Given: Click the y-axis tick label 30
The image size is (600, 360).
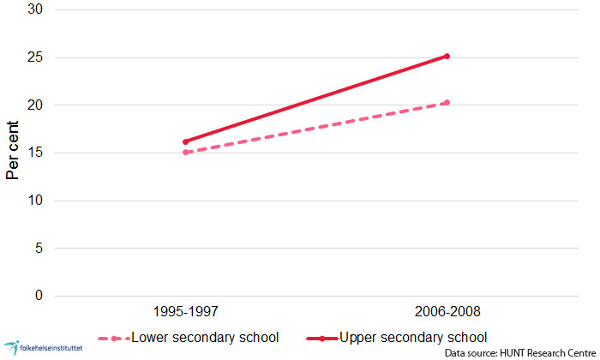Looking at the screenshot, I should [x=37, y=10].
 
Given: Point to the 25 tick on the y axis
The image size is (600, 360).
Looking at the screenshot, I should [x=37, y=58].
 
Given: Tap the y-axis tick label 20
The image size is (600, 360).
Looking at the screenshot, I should [x=37, y=105].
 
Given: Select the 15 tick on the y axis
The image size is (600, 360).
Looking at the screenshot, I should [x=37, y=153].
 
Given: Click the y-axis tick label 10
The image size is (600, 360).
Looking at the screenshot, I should [x=37, y=201].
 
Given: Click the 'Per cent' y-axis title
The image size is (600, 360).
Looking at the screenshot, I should [x=13, y=153].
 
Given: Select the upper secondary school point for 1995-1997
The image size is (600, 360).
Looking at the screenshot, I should [x=185, y=141].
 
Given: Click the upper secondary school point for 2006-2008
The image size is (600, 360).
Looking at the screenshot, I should [x=447, y=57].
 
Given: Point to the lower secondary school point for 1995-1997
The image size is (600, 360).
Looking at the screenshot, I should [x=185, y=153].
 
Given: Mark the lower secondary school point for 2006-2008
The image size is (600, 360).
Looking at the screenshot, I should [x=447, y=103].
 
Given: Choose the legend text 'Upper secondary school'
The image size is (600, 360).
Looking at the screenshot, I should [x=414, y=336].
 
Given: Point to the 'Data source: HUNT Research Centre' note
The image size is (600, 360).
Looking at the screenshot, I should [x=519, y=352].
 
